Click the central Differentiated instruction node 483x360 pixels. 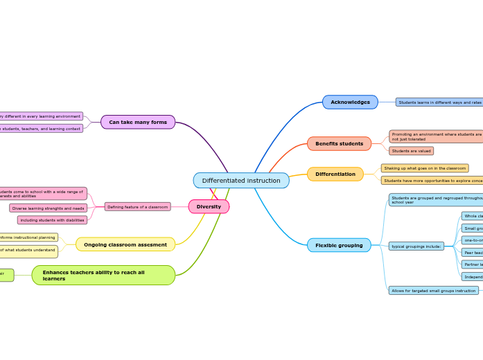tap(241, 181)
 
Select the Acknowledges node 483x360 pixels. tap(350, 102)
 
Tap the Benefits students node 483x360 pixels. tap(339, 144)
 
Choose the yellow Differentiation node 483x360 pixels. tap(335, 174)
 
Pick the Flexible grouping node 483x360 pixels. tap(339, 245)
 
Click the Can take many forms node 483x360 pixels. tap(138, 122)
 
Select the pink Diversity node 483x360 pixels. tap(209, 206)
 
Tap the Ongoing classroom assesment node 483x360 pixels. tap(125, 244)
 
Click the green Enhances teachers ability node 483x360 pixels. tap(103, 276)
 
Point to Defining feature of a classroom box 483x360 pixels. tap(137, 206)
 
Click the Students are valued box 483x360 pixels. tap(411, 151)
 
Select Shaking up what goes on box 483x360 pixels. tap(425, 168)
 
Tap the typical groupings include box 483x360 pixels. tap(416, 246)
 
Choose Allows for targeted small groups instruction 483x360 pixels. tap(434, 291)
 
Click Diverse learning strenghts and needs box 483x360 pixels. tap(49, 208)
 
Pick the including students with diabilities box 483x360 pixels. tap(53, 220)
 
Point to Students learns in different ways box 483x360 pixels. tap(439, 102)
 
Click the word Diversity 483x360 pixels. tap(209, 206)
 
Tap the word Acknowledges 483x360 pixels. tap(350, 102)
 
